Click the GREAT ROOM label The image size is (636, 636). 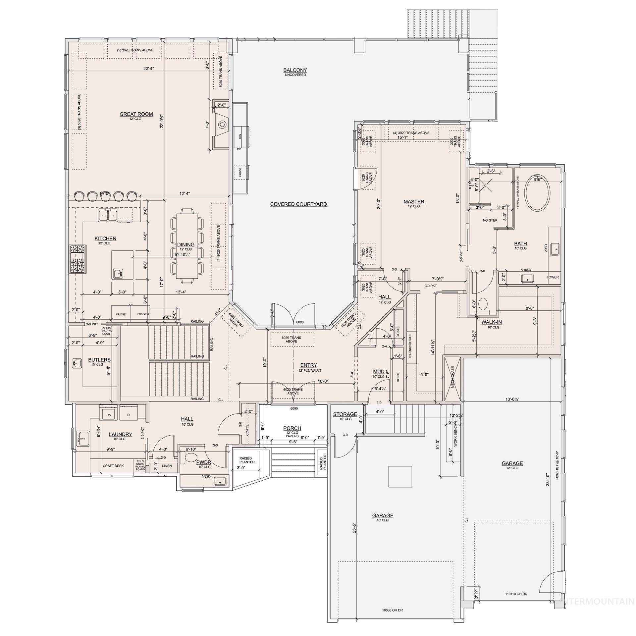[136, 114]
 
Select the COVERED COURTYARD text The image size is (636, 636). [298, 204]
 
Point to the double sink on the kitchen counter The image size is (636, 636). [108, 216]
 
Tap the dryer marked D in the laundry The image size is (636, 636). [129, 415]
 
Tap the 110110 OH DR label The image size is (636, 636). [516, 594]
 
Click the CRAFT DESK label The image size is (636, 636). [113, 466]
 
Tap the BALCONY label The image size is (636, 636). [295, 70]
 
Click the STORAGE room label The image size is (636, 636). [345, 414]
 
